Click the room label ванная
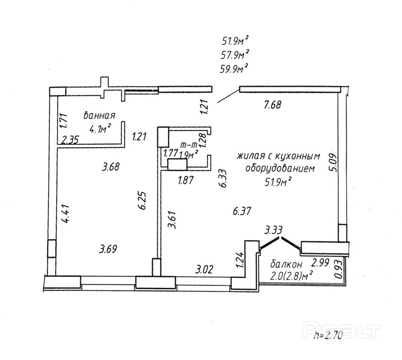pyautogui.click(x=100, y=115)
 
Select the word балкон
pyautogui.click(x=286, y=264)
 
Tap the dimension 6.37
pyautogui.click(x=242, y=211)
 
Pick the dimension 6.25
pyautogui.click(x=144, y=200)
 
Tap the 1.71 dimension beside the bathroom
pyautogui.click(x=63, y=121)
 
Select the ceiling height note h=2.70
pyautogui.click(x=328, y=336)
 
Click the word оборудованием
pyautogui.click(x=280, y=169)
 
